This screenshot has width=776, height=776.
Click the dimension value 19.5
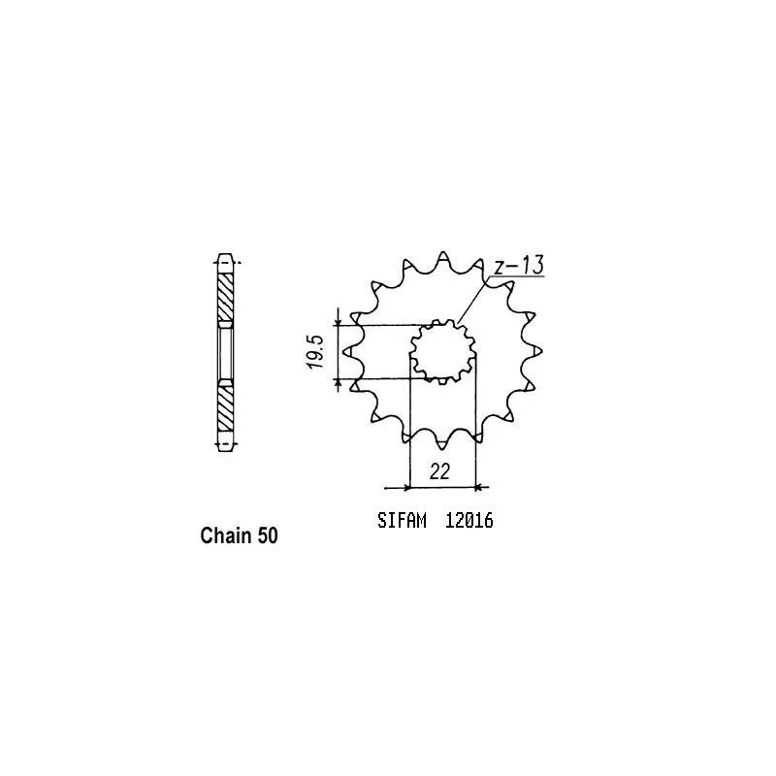pyautogui.click(x=315, y=351)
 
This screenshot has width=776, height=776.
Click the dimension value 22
pyautogui.click(x=439, y=471)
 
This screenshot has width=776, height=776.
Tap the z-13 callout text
pyautogui.click(x=519, y=265)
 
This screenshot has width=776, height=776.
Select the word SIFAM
pyautogui.click(x=402, y=521)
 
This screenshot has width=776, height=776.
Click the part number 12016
pyautogui.click(x=469, y=521)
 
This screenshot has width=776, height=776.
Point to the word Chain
pyautogui.click(x=225, y=535)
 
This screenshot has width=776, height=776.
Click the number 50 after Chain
pyautogui.click(x=268, y=535)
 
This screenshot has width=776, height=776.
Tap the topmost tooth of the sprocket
pyautogui.click(x=443, y=258)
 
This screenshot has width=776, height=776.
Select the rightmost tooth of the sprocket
pyautogui.click(x=535, y=351)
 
